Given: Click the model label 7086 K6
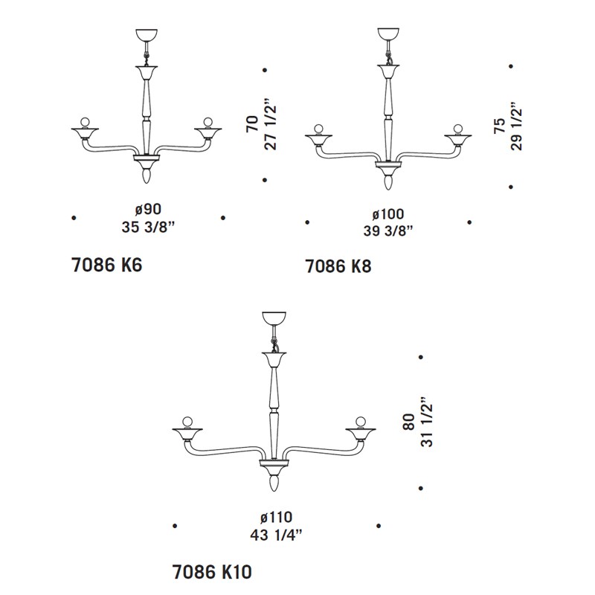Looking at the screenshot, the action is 106,265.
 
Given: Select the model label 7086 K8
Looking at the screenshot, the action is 338,266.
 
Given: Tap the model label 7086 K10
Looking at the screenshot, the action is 212,572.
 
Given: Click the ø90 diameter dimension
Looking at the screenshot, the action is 148,209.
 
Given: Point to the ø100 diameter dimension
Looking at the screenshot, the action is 387,214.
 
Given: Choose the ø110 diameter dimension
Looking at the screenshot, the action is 276,517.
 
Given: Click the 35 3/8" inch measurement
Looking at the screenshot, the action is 148,227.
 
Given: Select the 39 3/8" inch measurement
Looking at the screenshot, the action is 387,231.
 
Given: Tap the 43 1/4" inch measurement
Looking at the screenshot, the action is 276,535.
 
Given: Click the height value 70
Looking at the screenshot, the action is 253,123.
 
